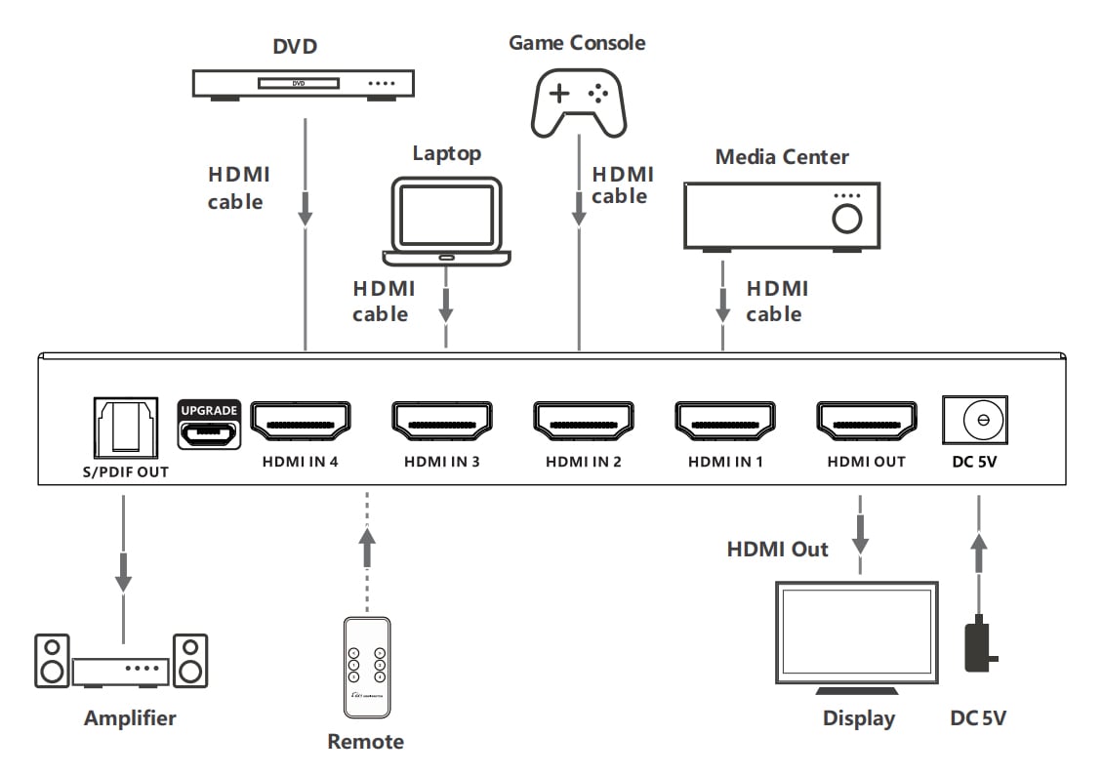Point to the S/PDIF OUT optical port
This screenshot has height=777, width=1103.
pos(124,426)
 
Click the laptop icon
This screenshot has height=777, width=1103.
pos(447,221)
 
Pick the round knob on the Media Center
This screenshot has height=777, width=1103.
pos(846,219)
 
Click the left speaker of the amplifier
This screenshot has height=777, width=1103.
pos(53,661)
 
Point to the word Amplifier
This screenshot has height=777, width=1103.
pos(130,718)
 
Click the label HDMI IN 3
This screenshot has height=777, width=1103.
pos(441,462)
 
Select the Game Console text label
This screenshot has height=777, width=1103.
pos(577,43)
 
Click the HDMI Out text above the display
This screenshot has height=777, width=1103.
pos(777,550)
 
